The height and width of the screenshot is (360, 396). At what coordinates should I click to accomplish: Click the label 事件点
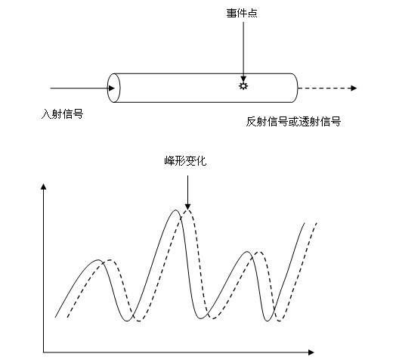point(242,13)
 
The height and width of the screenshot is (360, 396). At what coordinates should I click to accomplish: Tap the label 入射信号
point(62,113)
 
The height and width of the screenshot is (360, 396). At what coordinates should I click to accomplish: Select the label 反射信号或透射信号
point(293,122)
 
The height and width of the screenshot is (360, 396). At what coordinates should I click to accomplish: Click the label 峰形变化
point(185,161)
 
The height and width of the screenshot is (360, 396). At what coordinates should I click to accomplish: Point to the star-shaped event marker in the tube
point(243,86)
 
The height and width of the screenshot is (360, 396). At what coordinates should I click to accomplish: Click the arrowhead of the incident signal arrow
point(112,88)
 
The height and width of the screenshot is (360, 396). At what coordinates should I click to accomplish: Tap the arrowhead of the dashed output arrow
point(354,88)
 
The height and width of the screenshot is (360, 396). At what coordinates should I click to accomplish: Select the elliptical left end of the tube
point(113,88)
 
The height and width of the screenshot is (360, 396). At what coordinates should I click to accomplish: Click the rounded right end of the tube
point(295,88)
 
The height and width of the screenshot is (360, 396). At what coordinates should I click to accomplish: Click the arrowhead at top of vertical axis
point(44,187)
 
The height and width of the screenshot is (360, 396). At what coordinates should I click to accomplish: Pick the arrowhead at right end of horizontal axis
point(311,352)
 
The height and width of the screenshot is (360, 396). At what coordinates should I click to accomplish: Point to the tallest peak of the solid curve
point(175,210)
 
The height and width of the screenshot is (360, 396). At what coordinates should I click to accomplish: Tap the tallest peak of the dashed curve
point(187,210)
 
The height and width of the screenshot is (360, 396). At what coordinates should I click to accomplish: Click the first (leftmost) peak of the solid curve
point(98,260)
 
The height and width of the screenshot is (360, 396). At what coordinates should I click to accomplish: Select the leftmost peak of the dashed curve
point(110,260)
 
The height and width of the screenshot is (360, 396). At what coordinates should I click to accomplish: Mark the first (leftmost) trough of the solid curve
point(127,321)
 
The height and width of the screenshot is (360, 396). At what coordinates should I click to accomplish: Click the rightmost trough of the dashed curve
point(280,321)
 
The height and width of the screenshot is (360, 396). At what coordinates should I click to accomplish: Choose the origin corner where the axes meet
point(44,352)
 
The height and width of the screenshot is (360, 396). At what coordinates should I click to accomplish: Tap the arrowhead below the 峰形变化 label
point(187,206)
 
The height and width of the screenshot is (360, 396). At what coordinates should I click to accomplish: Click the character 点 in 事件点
point(252,13)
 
